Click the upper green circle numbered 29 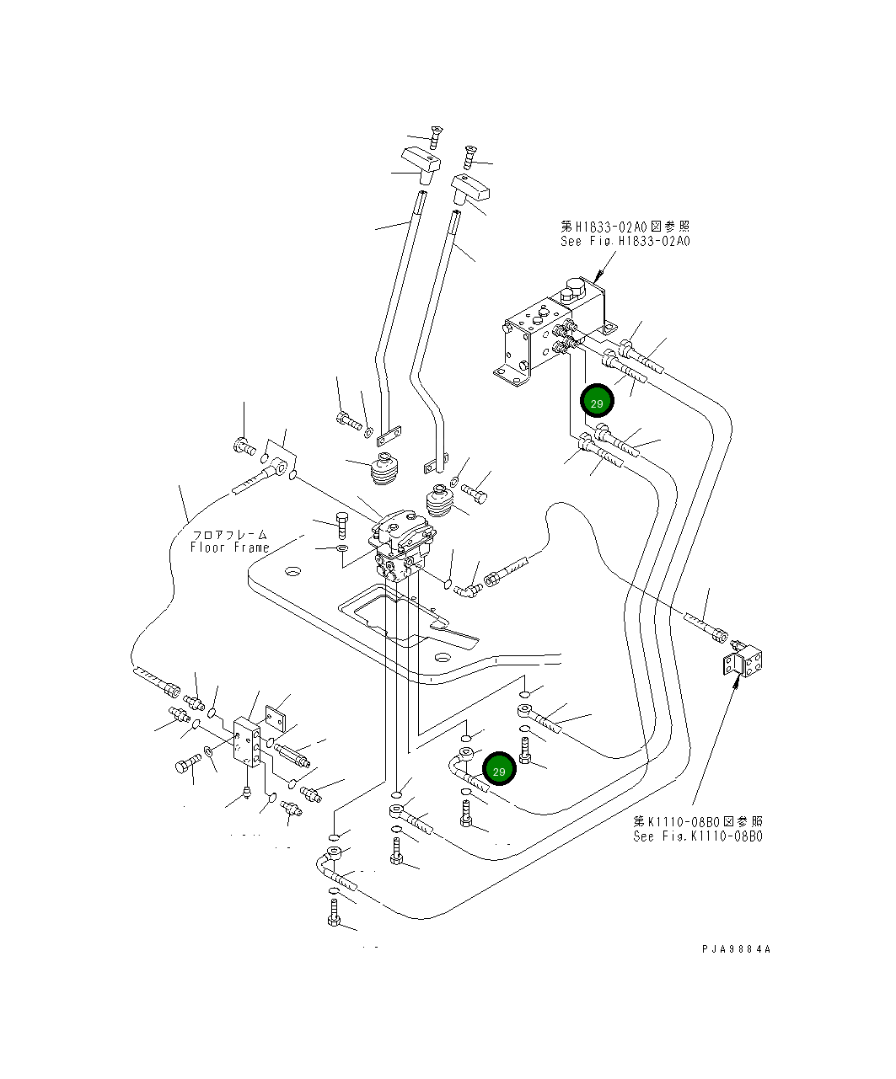597,403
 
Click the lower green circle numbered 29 499,771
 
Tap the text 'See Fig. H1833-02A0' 625,241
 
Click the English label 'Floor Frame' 229,548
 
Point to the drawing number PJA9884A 736,948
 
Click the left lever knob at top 422,161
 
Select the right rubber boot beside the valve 441,505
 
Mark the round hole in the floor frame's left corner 292,573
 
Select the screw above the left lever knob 436,135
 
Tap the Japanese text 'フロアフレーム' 229,534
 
